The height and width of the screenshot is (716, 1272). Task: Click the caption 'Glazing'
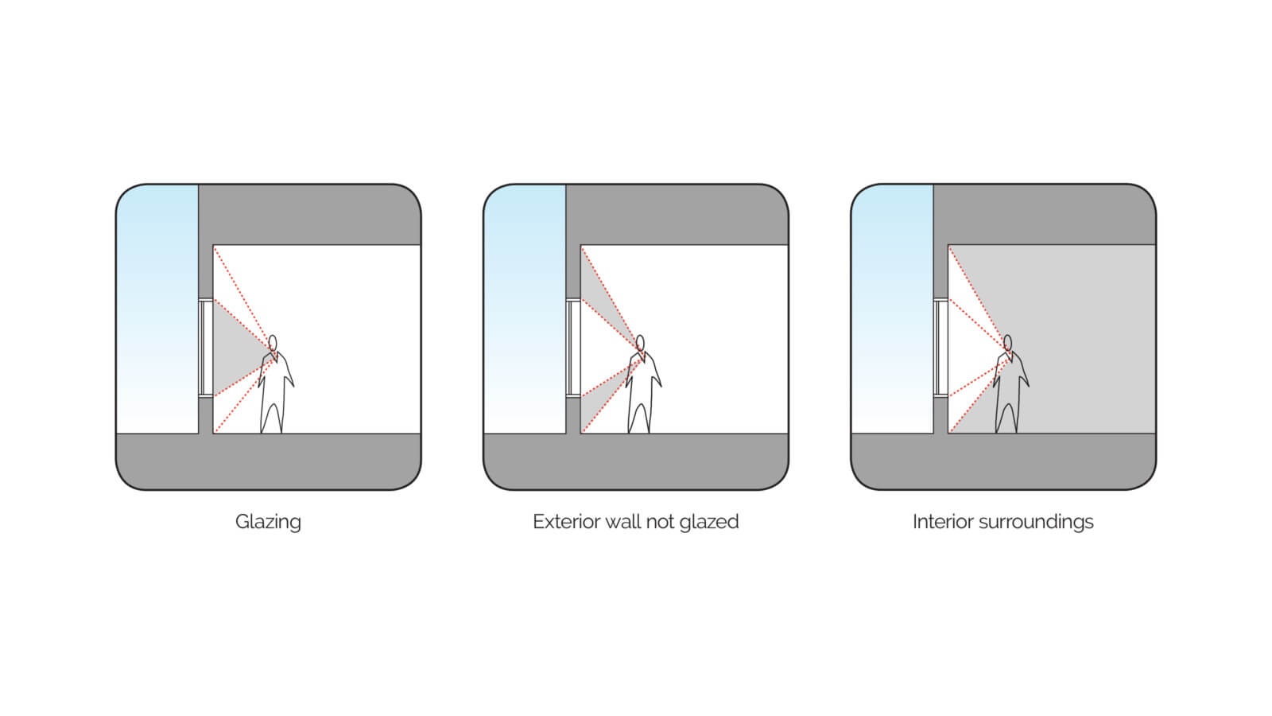point(268,522)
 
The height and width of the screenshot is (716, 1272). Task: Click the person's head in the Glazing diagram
point(273,343)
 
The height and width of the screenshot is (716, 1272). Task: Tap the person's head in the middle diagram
point(640,343)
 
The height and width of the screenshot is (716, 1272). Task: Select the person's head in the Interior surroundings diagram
point(1007,343)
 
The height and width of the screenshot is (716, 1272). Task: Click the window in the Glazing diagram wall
point(206,348)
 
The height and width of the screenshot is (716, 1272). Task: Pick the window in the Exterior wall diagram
point(573,348)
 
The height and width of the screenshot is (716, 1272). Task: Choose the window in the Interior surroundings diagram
point(940,348)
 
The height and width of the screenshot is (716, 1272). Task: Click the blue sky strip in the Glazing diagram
point(157,309)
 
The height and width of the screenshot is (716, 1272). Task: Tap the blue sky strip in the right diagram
point(892,309)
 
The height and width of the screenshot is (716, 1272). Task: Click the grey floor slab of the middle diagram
point(636,461)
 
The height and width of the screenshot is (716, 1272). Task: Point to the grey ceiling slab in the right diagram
point(1045,214)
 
